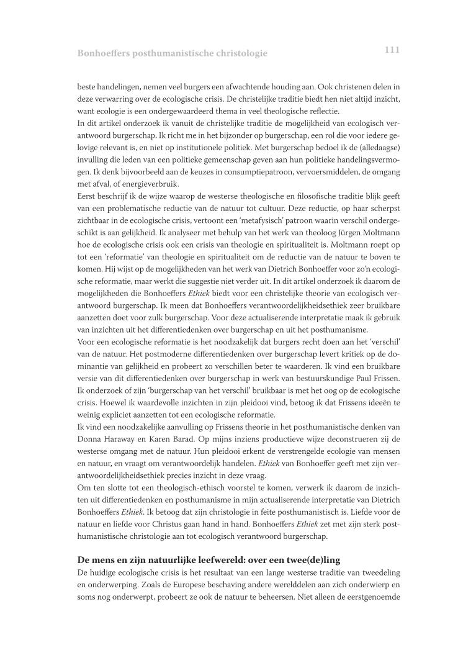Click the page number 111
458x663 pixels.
pyautogui.click(x=392, y=50)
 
